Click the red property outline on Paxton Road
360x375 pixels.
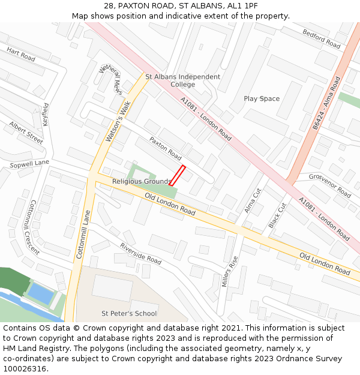click(x=177, y=176)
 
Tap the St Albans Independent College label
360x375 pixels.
click(x=183, y=80)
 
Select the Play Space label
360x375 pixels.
click(x=262, y=98)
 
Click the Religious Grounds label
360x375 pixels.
click(x=142, y=181)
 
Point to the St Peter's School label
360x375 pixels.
click(x=129, y=313)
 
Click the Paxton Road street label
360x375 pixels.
click(x=165, y=150)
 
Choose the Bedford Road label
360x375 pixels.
click(x=321, y=39)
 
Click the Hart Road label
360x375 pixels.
click(x=21, y=54)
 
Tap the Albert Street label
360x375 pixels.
click(x=26, y=133)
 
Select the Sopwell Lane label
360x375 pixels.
click(x=29, y=163)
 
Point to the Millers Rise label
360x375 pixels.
click(x=230, y=271)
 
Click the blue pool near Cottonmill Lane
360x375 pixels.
click(x=41, y=293)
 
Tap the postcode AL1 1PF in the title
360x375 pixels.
click(x=241, y=5)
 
